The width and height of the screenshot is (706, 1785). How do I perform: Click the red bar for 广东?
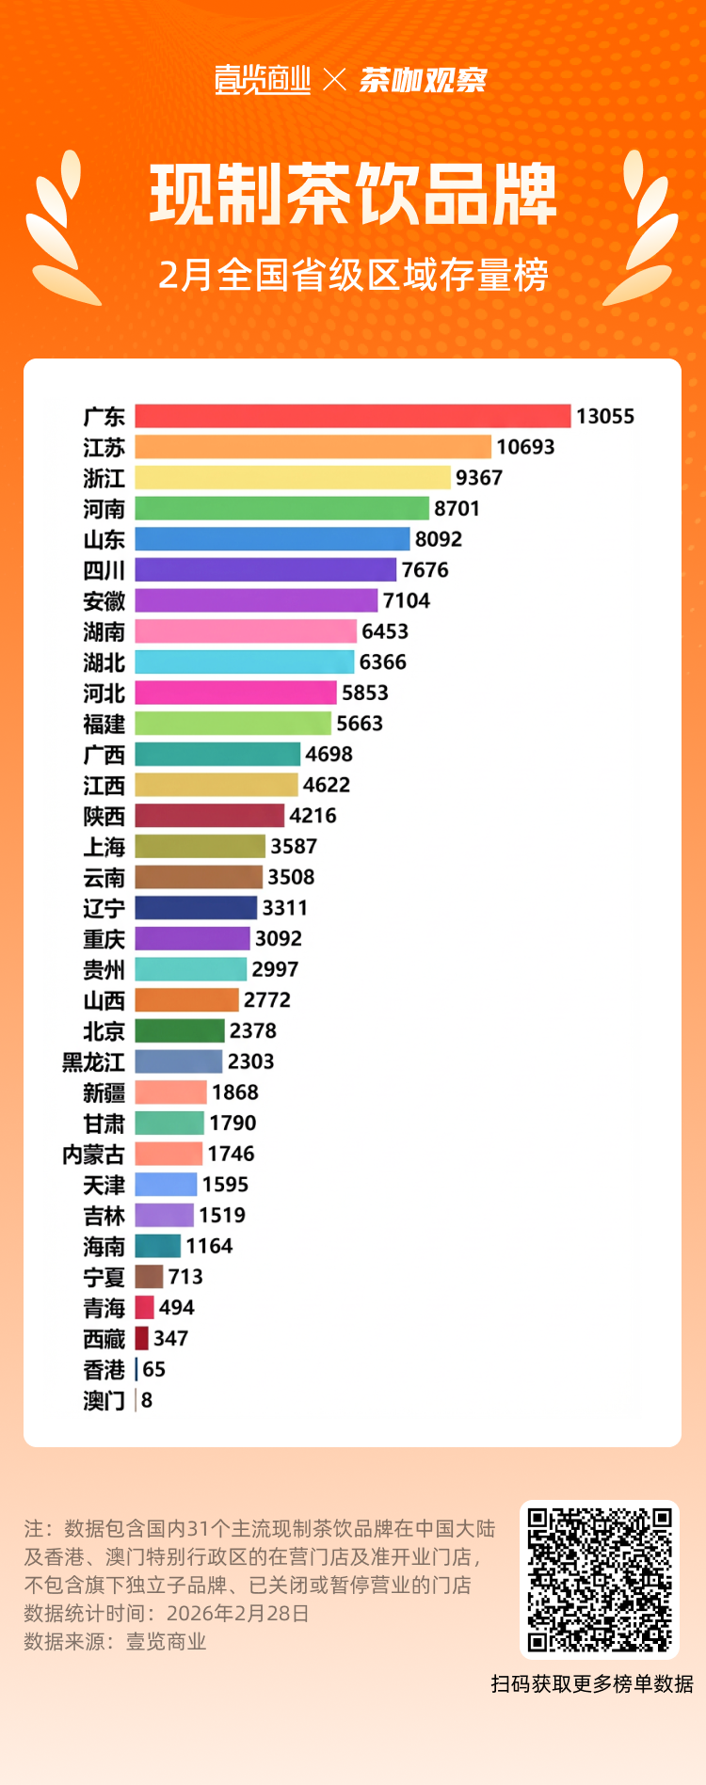pyautogui.click(x=352, y=416)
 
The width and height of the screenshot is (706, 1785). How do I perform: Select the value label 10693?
pyautogui.click(x=525, y=447)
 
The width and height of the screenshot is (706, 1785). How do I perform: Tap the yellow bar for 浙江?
pyautogui.click(x=293, y=477)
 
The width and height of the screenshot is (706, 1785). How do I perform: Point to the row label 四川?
pyautogui.click(x=104, y=570)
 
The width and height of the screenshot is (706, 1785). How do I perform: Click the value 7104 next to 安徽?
pyautogui.click(x=406, y=600)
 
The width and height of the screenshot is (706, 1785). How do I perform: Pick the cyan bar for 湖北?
pyautogui.click(x=244, y=661)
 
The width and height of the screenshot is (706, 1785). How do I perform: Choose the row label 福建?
pyautogui.click(x=104, y=724)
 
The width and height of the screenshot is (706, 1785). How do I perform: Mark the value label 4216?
pyautogui.click(x=313, y=816)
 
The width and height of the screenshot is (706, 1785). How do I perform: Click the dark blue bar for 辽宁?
pyautogui.click(x=196, y=908)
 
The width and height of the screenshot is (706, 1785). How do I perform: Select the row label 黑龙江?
pyautogui.click(x=93, y=1062)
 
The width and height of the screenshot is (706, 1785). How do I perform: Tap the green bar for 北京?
pyautogui.click(x=180, y=1030)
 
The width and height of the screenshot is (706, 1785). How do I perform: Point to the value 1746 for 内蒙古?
pyautogui.click(x=231, y=1154)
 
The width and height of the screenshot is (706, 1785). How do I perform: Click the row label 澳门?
pyautogui.click(x=104, y=1401)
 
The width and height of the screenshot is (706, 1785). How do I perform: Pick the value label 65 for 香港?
pyautogui.click(x=153, y=1369)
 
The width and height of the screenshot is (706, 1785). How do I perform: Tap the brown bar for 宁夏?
pyautogui.click(x=149, y=1277)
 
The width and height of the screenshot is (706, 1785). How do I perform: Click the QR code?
pyautogui.click(x=600, y=1579)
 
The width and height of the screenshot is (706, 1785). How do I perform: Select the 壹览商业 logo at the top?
pyautogui.click(x=263, y=80)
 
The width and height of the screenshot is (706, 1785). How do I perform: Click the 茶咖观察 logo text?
pyautogui.click(x=423, y=80)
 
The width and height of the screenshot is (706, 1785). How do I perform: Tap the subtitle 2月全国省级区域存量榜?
pyautogui.click(x=353, y=275)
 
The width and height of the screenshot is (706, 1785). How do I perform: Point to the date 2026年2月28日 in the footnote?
pyautogui.click(x=238, y=1613)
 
